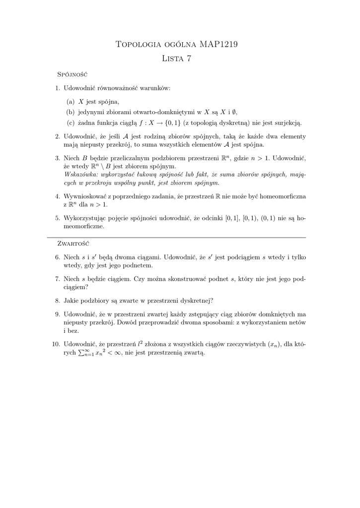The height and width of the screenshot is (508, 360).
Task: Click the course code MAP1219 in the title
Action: [218, 45]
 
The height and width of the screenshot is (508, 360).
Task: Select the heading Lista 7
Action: [177, 59]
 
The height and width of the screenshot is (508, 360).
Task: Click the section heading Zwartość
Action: [73, 244]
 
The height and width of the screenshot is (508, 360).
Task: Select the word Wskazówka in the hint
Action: [81, 175]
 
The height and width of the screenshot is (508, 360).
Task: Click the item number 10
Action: [56, 344]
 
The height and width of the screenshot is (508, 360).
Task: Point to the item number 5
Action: [58, 218]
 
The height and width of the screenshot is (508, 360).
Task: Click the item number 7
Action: [58, 279]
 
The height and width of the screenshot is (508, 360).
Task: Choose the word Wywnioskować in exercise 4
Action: [86, 196]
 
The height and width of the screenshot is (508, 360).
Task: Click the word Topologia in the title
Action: [138, 45]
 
